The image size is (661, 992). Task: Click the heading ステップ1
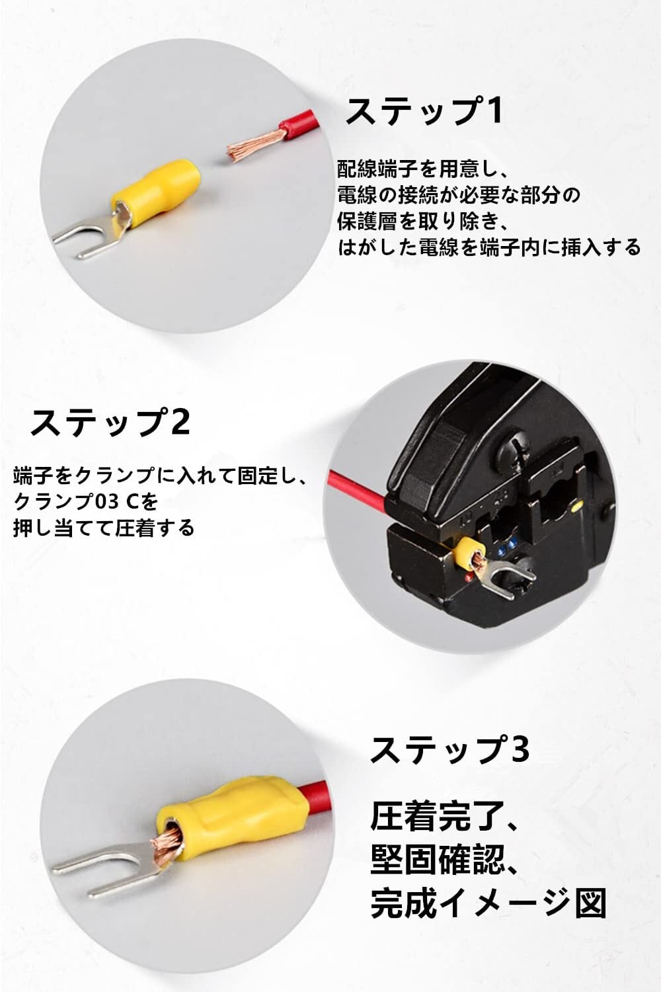424,111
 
